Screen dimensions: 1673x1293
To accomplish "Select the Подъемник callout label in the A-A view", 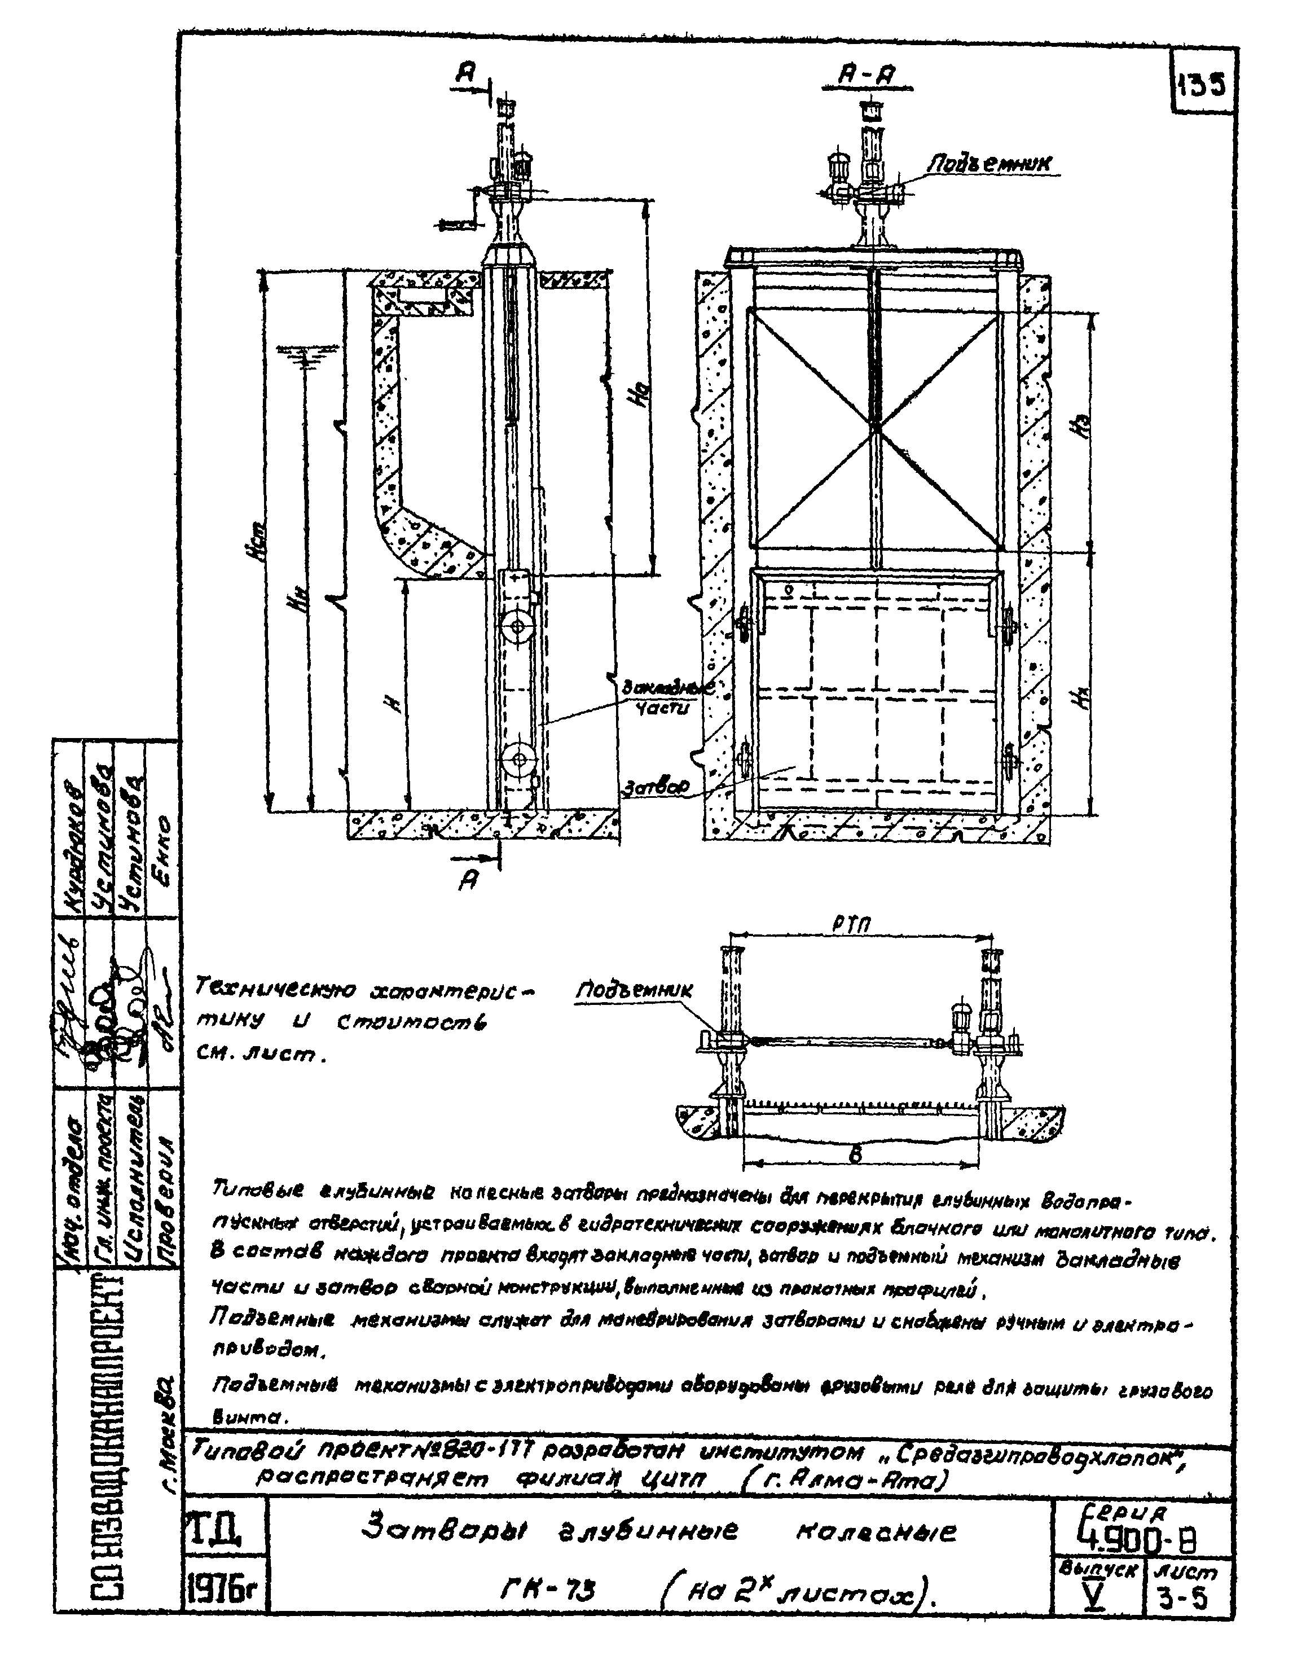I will pos(989,163).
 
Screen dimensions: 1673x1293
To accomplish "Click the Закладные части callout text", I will pos(665,696).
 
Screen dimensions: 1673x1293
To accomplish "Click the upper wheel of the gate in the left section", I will pos(518,626).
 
